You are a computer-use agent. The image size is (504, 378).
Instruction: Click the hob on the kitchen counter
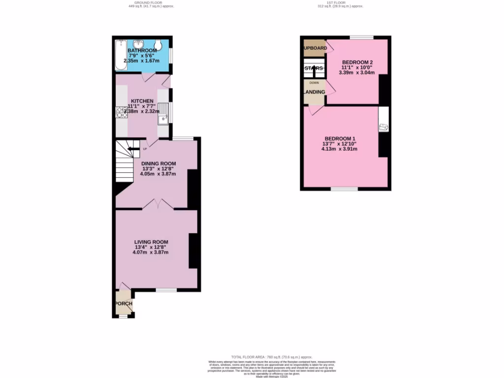tap(121, 113)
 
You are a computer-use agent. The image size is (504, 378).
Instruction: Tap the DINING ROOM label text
tap(158, 163)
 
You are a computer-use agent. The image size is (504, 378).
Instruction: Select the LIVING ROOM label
tap(152, 242)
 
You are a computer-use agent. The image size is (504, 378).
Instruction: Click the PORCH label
tap(123, 304)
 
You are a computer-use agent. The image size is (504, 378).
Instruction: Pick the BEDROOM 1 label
tap(340, 138)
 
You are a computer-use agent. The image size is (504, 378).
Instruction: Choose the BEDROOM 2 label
tap(357, 62)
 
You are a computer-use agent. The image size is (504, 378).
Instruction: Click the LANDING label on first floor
tap(314, 92)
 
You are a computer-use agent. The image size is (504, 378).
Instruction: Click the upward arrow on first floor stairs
tap(315, 70)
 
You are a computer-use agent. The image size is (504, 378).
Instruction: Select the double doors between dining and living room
tap(157, 204)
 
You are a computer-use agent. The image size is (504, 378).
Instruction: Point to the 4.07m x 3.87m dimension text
tap(151, 252)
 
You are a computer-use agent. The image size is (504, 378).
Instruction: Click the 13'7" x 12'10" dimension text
tap(339, 144)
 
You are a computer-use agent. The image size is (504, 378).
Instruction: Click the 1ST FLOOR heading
tap(339, 2)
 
